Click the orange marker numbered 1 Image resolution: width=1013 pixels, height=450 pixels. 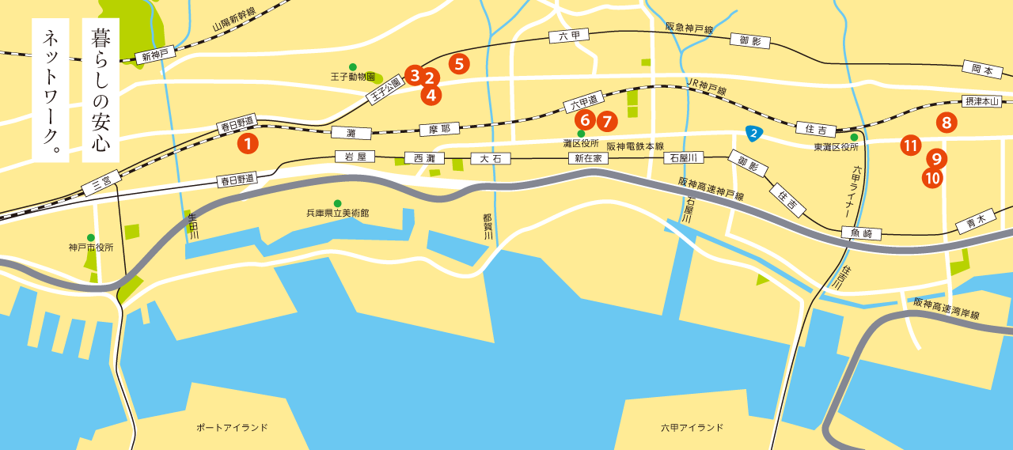pos(249,144)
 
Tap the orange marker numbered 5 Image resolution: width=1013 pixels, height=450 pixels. pos(458,63)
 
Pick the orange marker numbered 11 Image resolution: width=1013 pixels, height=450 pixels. pos(911,145)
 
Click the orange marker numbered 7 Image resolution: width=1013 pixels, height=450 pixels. pos(607,122)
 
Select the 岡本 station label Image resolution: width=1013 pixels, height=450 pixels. pos(982,70)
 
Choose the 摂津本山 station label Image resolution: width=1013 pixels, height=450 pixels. pos(981,101)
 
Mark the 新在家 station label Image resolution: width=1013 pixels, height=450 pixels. pos(589,158)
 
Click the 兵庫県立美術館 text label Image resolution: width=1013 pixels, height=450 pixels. pos(338,214)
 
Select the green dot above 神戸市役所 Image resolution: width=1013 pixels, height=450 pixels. pos(91,237)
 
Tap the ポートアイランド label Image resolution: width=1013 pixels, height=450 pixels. pos(232,428)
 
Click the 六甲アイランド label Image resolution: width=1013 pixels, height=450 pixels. pos(692,428)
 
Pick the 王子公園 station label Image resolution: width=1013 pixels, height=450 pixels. pos(385,90)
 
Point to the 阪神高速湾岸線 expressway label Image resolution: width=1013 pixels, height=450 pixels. pos(947,308)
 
